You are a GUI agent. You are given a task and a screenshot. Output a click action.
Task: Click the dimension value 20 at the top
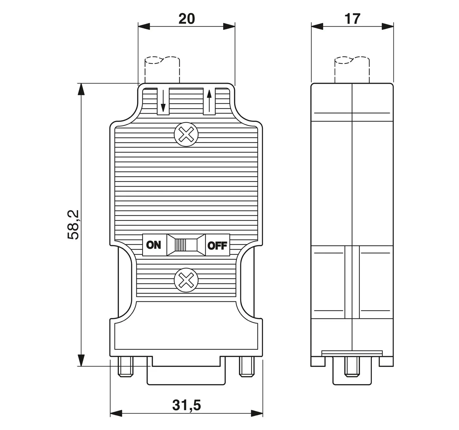pyautogui.click(x=186, y=19)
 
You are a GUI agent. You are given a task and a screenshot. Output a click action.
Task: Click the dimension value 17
pyautogui.click(x=352, y=19)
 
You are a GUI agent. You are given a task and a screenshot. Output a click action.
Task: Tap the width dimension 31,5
pyautogui.click(x=186, y=405)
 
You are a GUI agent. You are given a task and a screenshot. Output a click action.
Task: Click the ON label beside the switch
pyautogui.click(x=153, y=245)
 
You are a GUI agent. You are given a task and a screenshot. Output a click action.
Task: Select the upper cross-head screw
pyautogui.click(x=187, y=135)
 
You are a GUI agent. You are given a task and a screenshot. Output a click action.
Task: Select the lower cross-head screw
pyautogui.click(x=187, y=280)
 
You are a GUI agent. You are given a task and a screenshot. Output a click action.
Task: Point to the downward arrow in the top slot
pyautogui.click(x=163, y=102)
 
